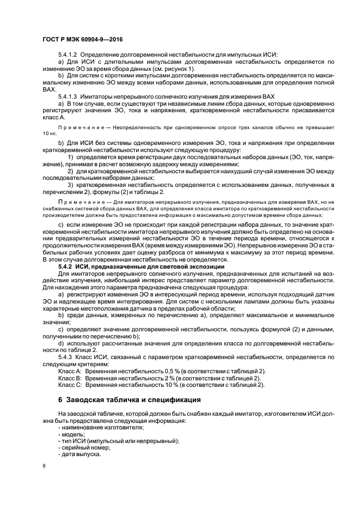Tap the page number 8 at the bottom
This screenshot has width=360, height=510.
[45, 466]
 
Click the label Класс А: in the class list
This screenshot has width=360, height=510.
[70, 371]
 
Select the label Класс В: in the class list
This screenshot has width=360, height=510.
[70, 378]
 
